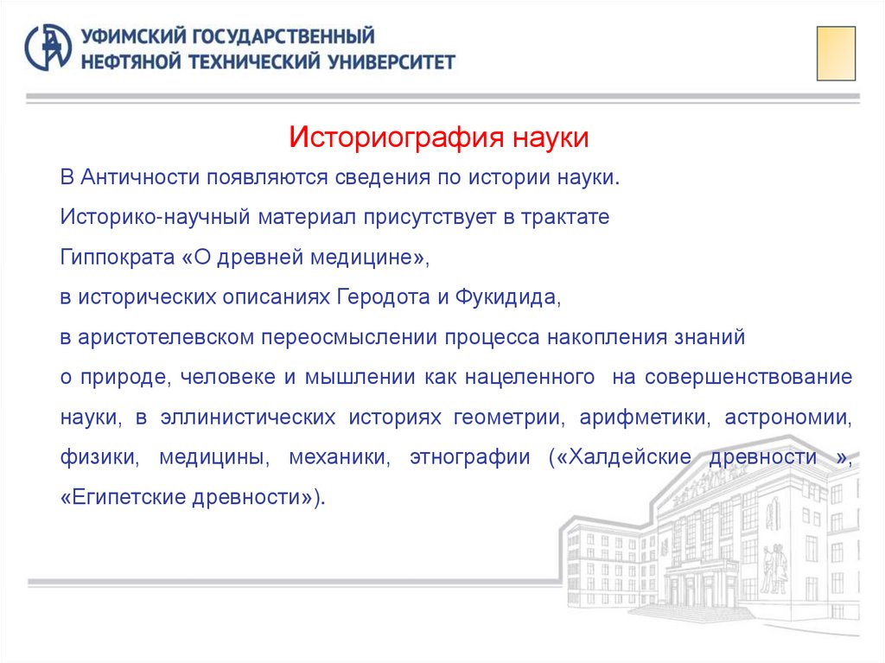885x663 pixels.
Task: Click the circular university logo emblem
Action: pyautogui.click(x=48, y=48)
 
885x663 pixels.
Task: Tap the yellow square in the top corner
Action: pyautogui.click(x=836, y=53)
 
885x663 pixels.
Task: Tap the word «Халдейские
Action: pyautogui.click(x=620, y=457)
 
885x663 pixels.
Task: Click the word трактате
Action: pyautogui.click(x=566, y=217)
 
